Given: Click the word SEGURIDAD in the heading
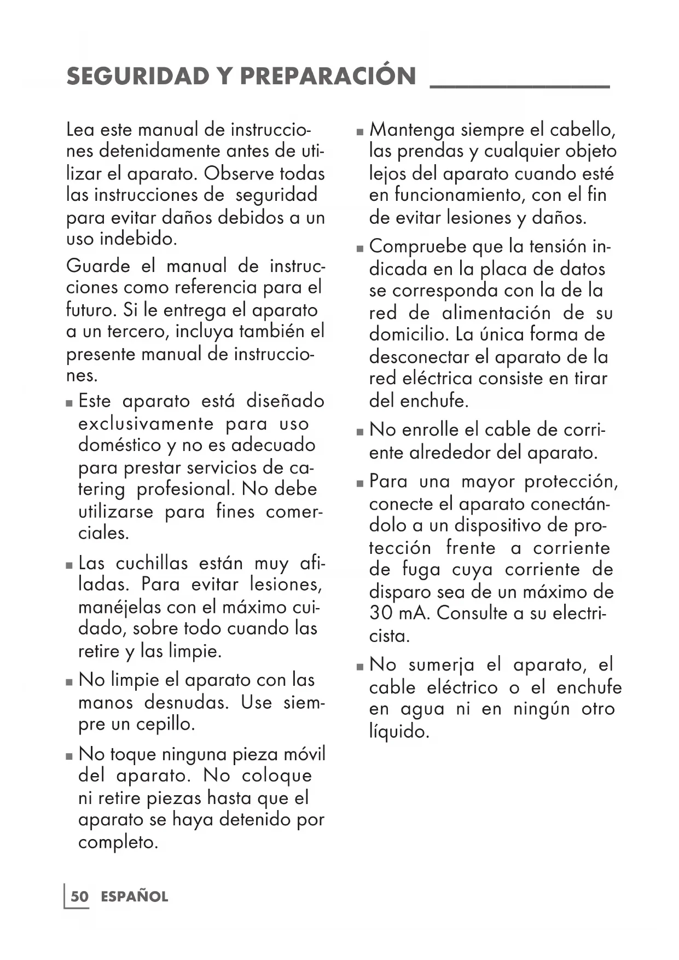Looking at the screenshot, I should (x=136, y=76).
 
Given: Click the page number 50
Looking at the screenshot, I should (x=79, y=897).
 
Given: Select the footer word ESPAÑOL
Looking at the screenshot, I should (x=135, y=897).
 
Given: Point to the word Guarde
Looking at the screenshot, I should (x=98, y=267).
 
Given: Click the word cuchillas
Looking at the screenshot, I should (x=152, y=563).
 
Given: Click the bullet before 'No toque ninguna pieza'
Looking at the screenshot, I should (x=69, y=756).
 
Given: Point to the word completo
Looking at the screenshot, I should (x=118, y=842).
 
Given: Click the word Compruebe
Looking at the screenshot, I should (x=417, y=247).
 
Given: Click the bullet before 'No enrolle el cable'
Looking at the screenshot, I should (x=359, y=432).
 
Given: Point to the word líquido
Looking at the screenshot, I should (x=399, y=731).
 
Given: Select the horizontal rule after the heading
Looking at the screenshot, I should (x=520, y=86).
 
